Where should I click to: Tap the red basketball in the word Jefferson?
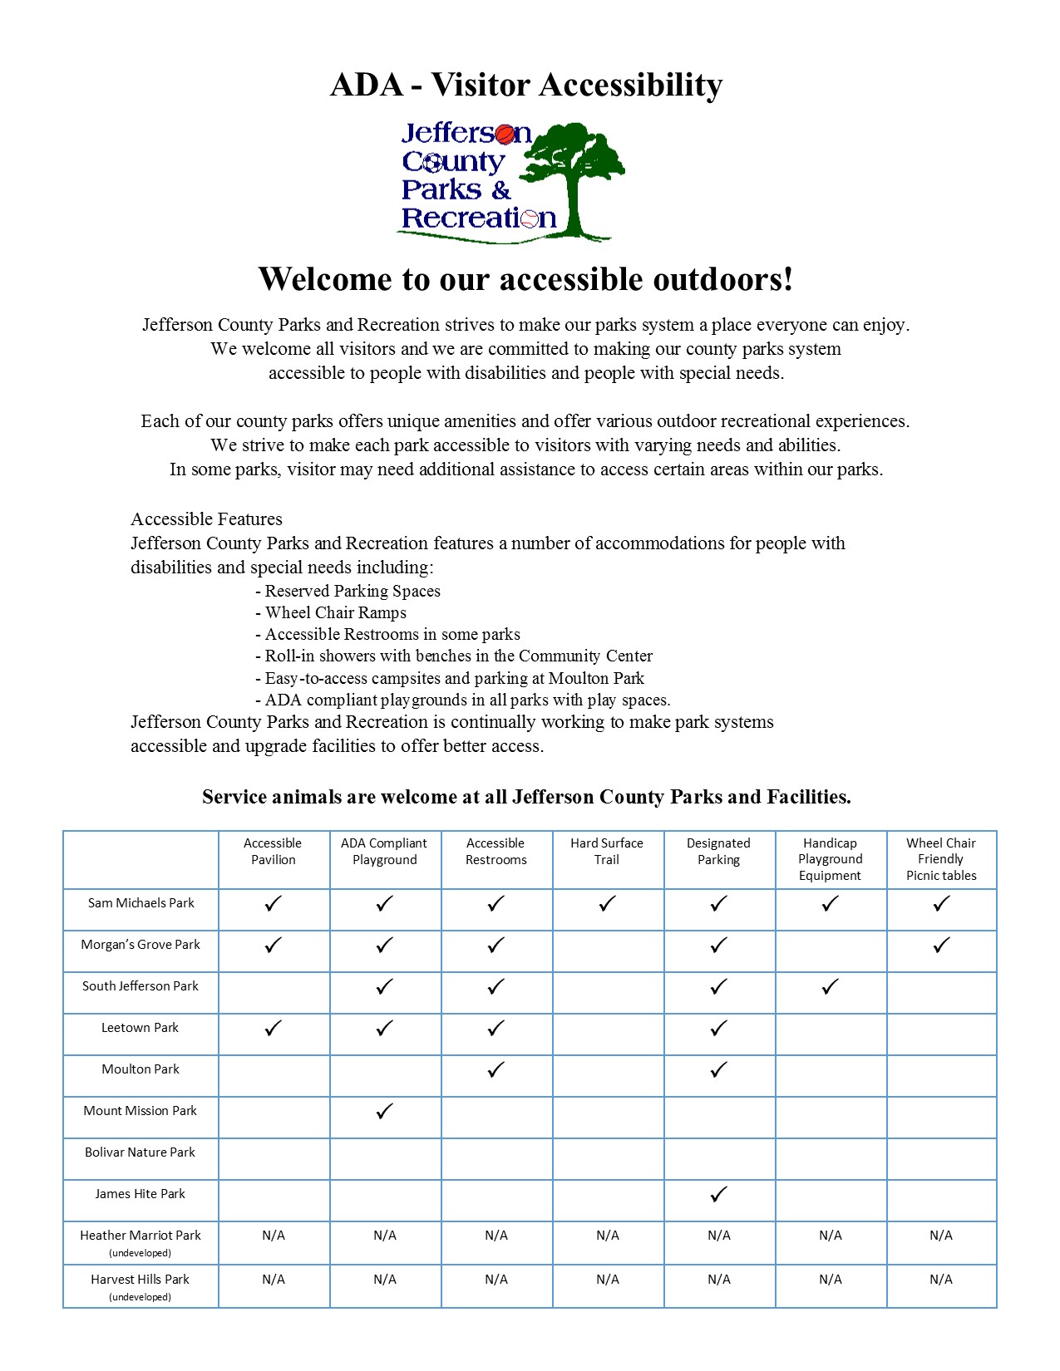coord(505,135)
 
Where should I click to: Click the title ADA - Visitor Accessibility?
coord(526,85)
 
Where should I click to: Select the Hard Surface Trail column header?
coord(607,851)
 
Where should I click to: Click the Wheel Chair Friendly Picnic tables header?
coord(941,859)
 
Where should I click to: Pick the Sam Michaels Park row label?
coord(141,903)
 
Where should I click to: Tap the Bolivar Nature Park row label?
coord(140,1152)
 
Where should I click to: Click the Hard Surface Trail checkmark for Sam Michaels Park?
coord(608,903)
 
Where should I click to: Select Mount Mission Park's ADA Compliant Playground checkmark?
coord(385,1111)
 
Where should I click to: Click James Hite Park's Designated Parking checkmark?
coord(719,1194)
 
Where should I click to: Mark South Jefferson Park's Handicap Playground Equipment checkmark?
coord(830,986)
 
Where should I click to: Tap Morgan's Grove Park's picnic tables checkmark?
coord(941,945)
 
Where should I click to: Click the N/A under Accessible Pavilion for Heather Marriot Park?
coord(274,1236)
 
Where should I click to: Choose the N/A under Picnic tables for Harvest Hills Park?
coord(941,1280)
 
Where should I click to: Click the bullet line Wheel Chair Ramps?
coord(335,612)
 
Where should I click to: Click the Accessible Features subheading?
coord(206,519)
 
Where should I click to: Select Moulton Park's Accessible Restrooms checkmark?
coord(496,1069)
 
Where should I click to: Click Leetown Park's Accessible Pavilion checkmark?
coord(274,1028)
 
